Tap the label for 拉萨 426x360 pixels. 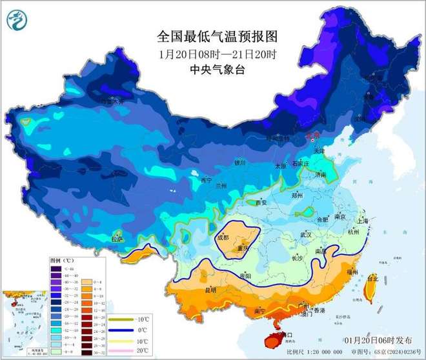click(117, 239)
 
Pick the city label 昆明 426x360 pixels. click(210, 290)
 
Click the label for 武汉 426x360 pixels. click(303, 234)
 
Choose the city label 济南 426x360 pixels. click(321, 174)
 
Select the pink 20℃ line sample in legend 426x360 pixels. click(118, 350)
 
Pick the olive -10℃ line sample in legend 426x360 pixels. click(118, 321)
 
